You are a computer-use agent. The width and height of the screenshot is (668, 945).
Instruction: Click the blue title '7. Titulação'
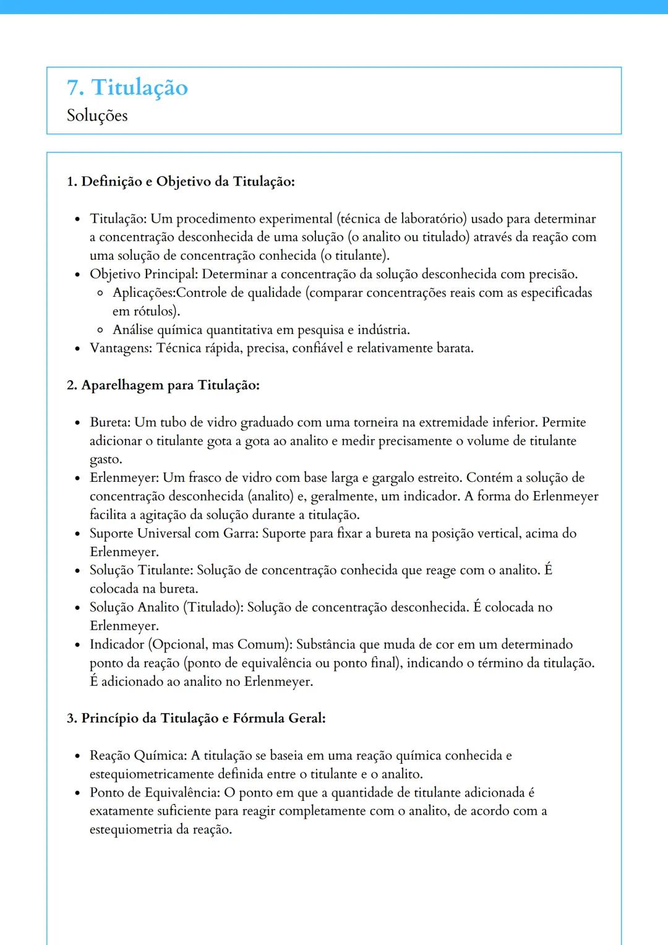(x=127, y=88)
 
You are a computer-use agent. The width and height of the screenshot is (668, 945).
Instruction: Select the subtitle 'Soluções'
(x=97, y=116)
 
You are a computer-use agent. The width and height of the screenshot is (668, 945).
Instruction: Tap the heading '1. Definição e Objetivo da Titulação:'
(x=181, y=182)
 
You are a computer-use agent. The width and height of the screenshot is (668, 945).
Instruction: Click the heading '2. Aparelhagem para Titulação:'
(x=163, y=385)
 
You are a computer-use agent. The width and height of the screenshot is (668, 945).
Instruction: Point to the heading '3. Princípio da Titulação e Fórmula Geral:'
(x=196, y=718)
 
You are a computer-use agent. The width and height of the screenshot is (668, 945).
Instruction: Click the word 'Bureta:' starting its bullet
(x=110, y=422)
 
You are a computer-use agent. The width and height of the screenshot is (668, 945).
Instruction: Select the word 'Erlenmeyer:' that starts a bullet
(x=124, y=477)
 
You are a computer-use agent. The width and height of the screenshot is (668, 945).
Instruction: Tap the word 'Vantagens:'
(x=121, y=348)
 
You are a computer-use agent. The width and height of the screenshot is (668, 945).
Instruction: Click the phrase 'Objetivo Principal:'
(x=143, y=274)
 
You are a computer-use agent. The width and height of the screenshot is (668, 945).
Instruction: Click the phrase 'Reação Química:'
(x=138, y=756)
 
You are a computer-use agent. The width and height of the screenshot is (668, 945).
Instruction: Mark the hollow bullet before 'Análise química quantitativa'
(x=100, y=330)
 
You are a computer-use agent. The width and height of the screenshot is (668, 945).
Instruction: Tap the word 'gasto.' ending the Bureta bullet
(x=106, y=460)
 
